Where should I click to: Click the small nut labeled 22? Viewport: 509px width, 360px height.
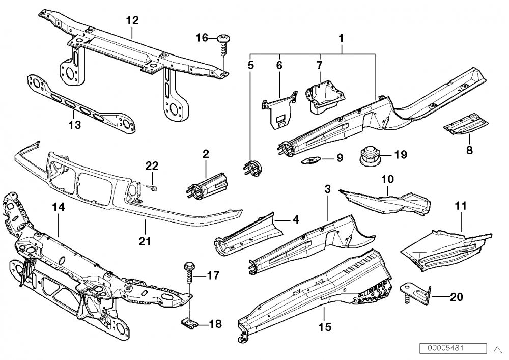pos(154,188)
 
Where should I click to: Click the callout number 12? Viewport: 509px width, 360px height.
pos(132,20)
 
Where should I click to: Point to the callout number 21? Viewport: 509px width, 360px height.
pos(145,240)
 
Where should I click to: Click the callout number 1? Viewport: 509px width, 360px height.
pos(341,38)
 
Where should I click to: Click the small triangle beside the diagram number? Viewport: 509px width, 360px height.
pos(498,349)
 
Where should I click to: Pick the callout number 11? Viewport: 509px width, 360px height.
pos(461,206)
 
